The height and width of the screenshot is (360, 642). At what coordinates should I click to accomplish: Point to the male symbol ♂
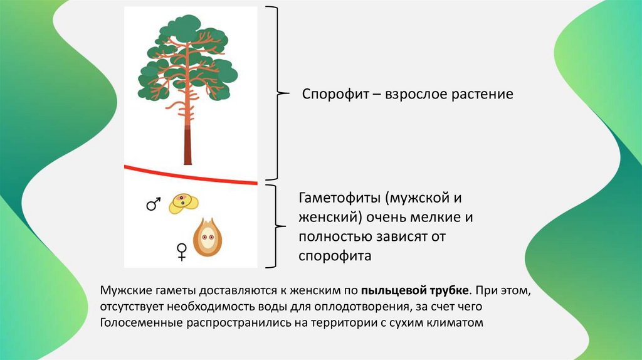154,204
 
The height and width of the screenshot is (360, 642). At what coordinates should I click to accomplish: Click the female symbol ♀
182,251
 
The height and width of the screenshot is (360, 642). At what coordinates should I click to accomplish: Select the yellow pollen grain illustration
184,202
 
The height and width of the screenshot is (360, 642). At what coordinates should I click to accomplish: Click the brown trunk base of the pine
187,147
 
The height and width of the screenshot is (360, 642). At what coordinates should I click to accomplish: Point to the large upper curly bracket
274,94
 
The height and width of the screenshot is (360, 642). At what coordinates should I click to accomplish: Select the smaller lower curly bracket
274,226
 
